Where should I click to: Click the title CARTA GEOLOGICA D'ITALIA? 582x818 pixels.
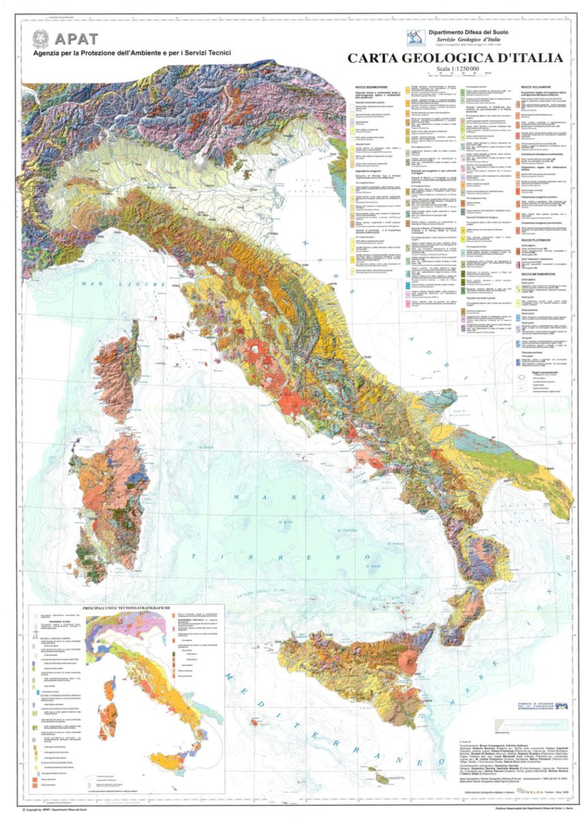click(x=455, y=59)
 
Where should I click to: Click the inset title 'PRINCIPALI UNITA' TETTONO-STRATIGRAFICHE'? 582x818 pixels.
click(x=127, y=607)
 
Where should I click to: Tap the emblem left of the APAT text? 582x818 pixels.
click(x=42, y=39)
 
